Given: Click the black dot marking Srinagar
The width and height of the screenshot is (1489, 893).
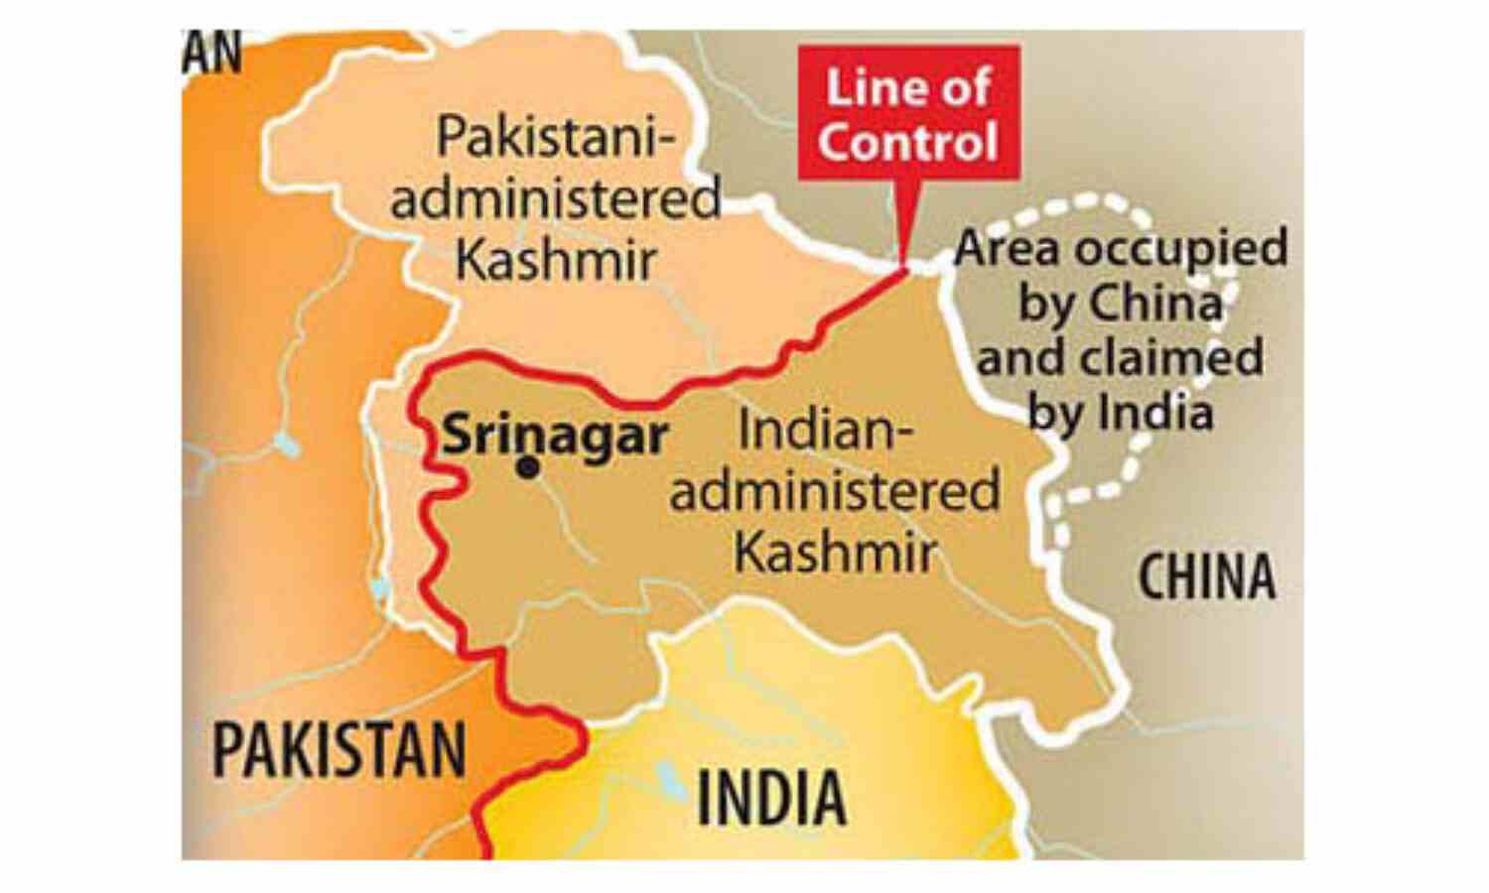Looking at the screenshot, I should coord(528,467).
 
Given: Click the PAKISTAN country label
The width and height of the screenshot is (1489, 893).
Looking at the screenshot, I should coord(339,750).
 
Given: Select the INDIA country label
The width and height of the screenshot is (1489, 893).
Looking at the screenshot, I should coord(771,798).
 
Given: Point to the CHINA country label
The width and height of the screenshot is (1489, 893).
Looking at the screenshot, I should coord(1206,577).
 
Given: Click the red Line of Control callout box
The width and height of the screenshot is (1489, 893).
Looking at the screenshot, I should coord(908,112).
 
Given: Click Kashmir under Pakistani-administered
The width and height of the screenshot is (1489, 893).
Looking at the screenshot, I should coord(556,260).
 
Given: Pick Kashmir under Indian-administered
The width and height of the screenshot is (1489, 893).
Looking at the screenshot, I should coord(835,551).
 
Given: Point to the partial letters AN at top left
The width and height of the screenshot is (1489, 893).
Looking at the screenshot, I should coord(212,54).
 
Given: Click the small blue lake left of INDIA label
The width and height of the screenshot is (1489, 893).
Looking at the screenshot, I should coord(671,781).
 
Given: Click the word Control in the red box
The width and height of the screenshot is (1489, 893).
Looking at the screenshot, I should coord(908,142).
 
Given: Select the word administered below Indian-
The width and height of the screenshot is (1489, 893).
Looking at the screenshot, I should coord(835,492).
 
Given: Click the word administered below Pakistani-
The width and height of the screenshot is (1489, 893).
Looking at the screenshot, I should coord(556,199).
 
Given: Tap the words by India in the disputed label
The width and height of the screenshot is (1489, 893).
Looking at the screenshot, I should coord(1120,411).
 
